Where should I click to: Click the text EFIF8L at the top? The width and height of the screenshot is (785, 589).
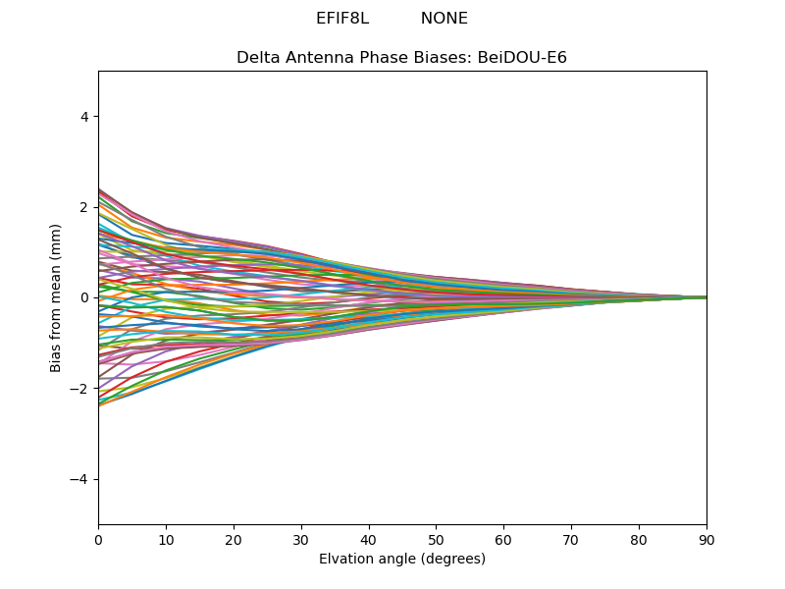(342, 19)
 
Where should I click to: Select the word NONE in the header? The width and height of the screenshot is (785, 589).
(445, 19)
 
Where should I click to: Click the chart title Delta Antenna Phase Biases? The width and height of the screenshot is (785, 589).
(354, 58)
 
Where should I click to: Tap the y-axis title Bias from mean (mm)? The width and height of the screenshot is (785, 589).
(55, 298)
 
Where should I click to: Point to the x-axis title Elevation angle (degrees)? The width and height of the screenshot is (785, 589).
(402, 559)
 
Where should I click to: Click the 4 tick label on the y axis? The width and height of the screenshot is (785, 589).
(84, 117)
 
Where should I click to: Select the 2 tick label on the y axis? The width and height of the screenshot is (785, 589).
(84, 207)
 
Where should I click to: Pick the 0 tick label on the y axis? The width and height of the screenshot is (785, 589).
(84, 298)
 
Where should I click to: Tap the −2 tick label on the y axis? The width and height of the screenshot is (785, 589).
(78, 389)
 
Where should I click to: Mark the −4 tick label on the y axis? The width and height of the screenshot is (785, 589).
(78, 479)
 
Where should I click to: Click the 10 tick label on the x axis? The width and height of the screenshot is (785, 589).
(166, 540)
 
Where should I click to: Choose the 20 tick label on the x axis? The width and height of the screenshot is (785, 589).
(234, 540)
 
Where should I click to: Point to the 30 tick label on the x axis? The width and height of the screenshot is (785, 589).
(301, 540)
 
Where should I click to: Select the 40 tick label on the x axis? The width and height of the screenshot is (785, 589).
(369, 540)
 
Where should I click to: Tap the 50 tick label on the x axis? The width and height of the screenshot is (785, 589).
(436, 540)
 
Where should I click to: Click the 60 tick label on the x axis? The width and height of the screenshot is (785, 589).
(503, 540)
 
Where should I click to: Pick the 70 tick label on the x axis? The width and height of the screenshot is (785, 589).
(571, 540)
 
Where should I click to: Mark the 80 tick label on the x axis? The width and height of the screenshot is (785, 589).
(639, 540)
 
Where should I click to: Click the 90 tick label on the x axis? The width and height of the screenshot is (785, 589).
(706, 540)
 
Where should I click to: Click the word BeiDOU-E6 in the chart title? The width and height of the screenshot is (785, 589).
(522, 58)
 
